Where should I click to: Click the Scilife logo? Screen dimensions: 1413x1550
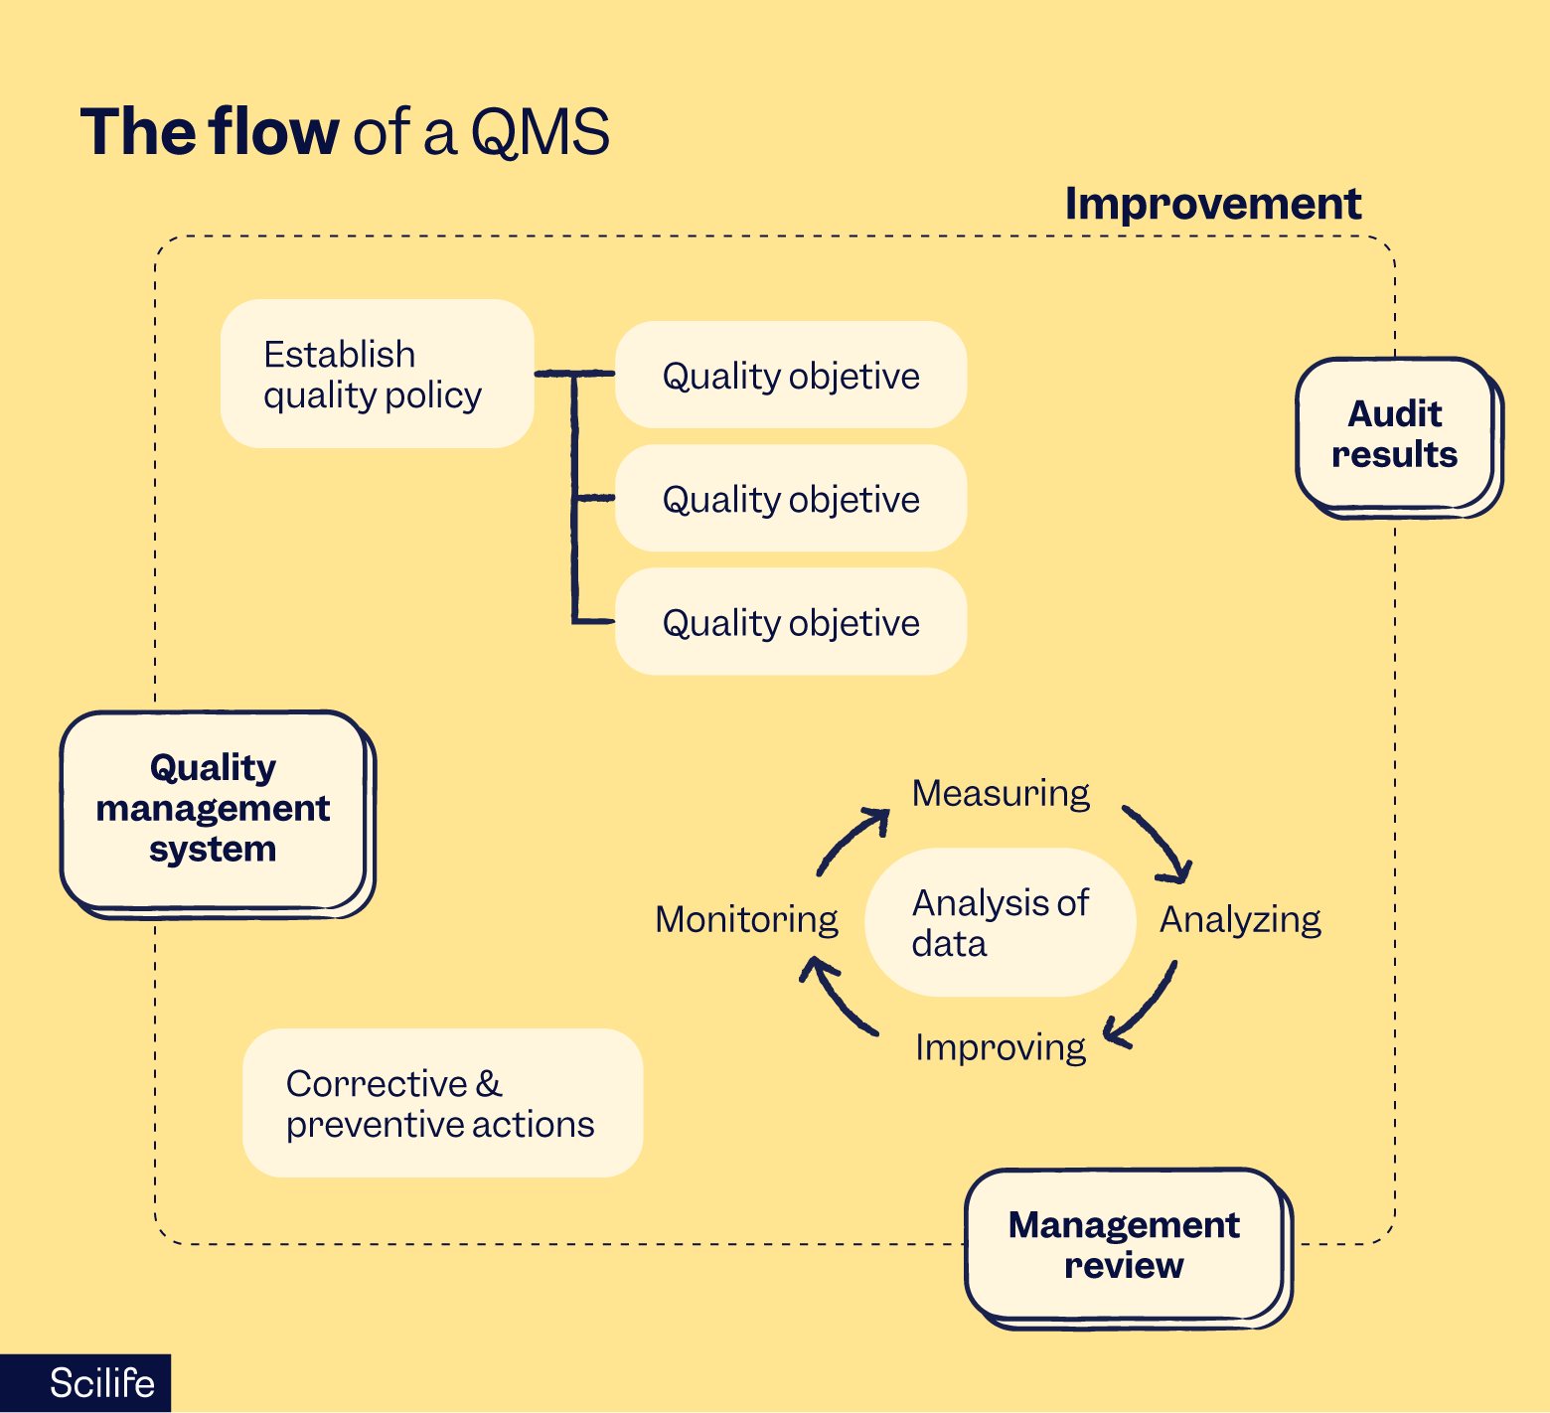[101, 1383]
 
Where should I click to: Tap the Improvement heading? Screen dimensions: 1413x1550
[1212, 204]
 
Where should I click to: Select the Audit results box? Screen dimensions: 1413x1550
[1394, 434]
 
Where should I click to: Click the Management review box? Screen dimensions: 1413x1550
[1124, 1245]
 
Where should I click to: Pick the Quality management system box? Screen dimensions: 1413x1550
[213, 809]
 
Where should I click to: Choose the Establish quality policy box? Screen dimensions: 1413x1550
[377, 375]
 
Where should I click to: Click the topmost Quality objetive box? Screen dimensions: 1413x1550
[791, 376]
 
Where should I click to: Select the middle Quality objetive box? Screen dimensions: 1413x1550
[791, 499]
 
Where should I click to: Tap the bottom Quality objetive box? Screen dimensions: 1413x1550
[791, 623]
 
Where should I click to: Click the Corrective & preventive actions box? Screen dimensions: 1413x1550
[442, 1104]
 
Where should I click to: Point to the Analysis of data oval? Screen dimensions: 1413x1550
[1000, 923]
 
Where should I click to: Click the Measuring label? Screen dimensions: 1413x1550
[1001, 793]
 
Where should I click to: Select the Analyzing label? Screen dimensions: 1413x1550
[1240, 920]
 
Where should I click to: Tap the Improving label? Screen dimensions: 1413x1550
[1001, 1047]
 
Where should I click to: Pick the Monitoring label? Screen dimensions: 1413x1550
[746, 920]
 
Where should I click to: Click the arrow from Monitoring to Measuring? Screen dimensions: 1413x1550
[850, 840]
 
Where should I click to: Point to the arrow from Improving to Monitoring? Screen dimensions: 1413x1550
[835, 998]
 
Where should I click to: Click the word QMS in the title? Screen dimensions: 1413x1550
[540, 132]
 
